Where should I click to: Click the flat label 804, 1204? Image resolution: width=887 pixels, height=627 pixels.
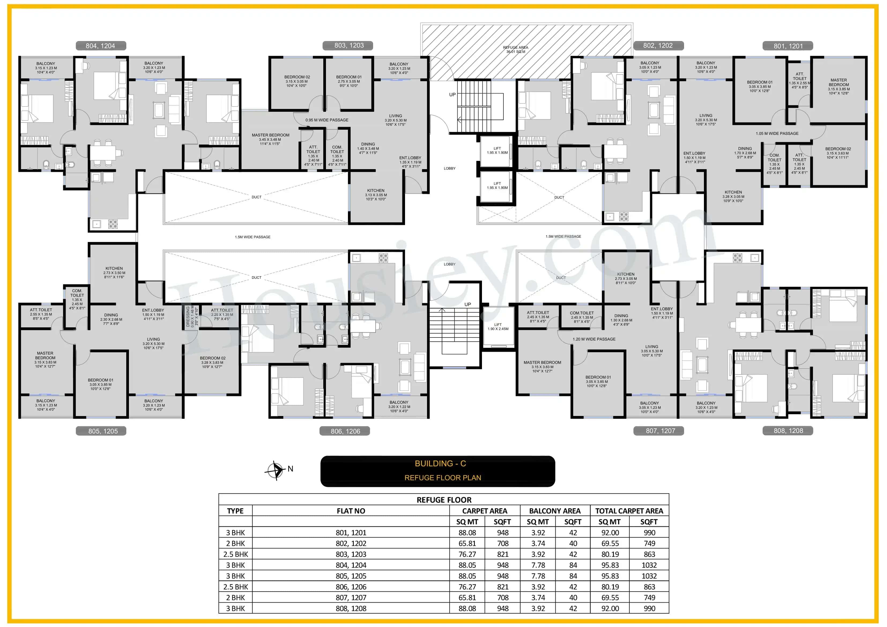101,46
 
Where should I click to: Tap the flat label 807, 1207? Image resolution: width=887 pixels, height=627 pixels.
660,431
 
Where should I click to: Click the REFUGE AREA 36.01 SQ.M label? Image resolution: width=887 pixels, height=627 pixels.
515,49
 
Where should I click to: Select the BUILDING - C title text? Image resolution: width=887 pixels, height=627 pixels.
440,463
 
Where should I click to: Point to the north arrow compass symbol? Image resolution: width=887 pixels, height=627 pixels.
275,470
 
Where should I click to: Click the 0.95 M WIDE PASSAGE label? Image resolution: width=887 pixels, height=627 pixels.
327,120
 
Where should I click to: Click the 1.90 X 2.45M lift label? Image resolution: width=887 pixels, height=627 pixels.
498,327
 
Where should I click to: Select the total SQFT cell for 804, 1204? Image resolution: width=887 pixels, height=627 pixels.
649,565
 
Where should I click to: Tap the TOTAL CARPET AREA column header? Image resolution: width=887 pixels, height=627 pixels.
629,511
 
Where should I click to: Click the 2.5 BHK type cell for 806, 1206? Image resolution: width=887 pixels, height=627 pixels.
236,587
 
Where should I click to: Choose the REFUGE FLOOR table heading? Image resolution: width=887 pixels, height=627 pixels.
444,500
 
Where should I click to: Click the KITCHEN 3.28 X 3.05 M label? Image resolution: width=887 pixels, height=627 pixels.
733,196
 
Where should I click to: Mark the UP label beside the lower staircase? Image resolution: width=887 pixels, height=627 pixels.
467,305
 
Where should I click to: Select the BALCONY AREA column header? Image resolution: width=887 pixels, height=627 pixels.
555,511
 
